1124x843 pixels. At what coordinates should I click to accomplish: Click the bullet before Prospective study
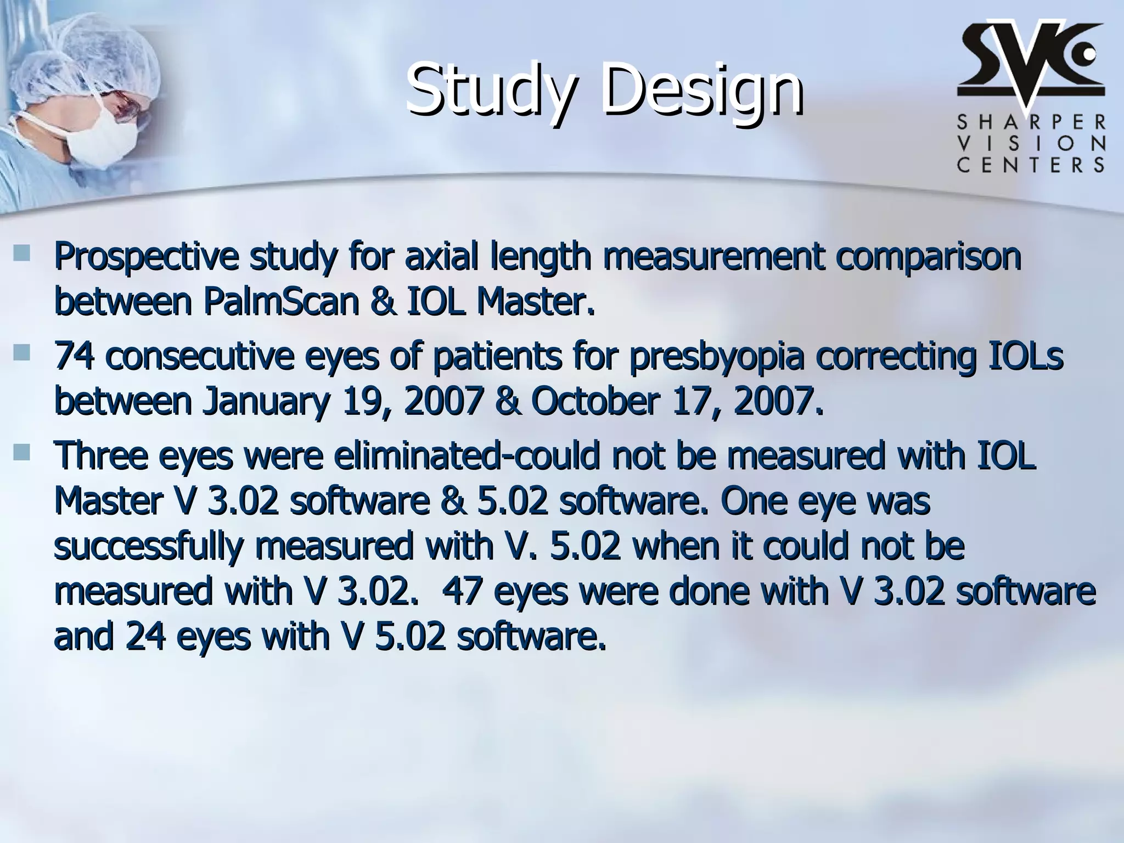pyautogui.click(x=23, y=253)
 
